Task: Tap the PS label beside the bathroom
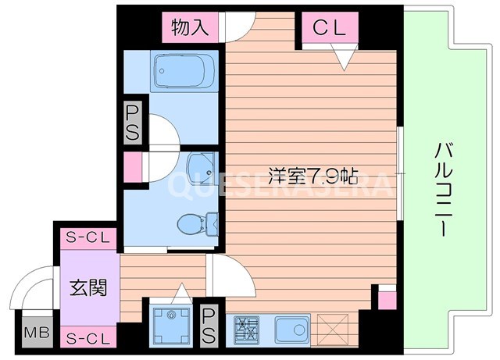pyautogui.click(x=132, y=123)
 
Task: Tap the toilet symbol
pyautogui.click(x=192, y=225)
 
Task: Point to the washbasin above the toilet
pyautogui.click(x=198, y=166)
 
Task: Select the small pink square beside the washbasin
pyautogui.click(x=132, y=166)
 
